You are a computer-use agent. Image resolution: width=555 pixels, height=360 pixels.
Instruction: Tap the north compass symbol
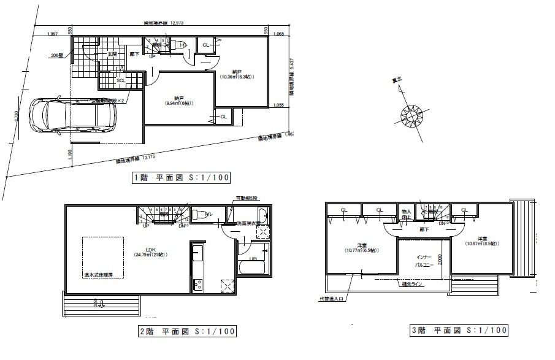[410, 114]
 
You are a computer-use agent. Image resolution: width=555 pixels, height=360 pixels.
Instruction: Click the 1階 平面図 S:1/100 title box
[181, 178]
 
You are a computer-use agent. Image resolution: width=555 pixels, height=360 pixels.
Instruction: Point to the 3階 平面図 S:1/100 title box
[459, 331]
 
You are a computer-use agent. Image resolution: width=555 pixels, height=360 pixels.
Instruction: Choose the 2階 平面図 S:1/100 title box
[186, 331]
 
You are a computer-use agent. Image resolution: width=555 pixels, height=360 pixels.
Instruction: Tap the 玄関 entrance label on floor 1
[112, 55]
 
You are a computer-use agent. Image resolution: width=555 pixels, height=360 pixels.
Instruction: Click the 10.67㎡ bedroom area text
[480, 243]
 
